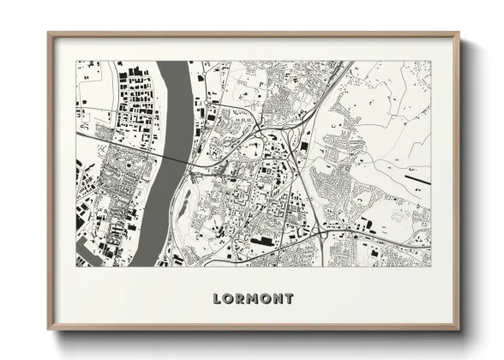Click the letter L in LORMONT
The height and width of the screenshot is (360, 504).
pos(217,299)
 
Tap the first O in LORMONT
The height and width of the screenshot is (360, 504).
pos(229,299)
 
